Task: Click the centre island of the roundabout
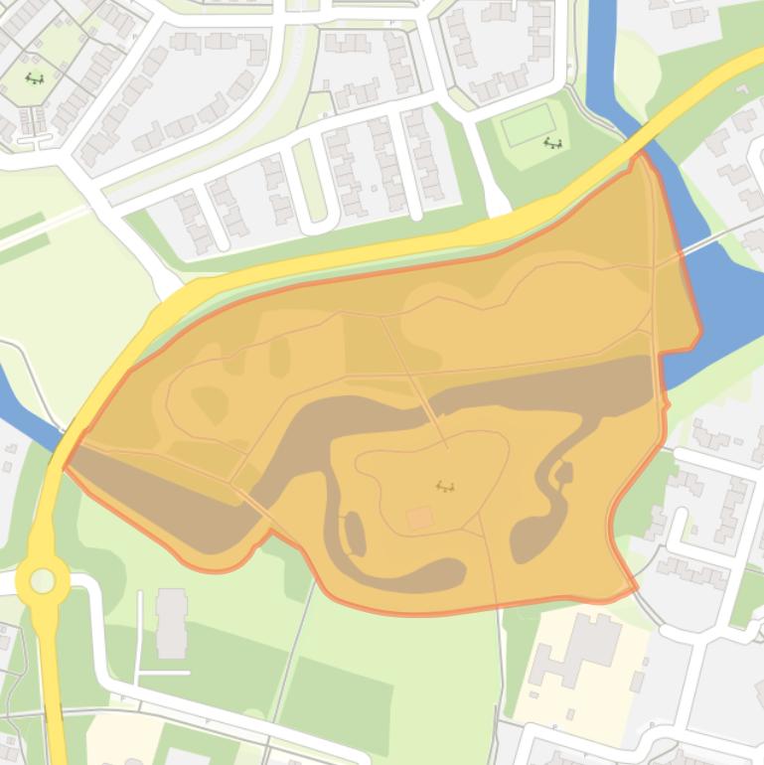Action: [43, 580]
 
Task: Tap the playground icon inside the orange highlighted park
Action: [445, 486]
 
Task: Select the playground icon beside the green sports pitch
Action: [553, 143]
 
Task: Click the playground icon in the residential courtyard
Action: [35, 78]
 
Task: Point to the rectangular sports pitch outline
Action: [528, 126]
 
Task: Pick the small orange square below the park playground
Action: [420, 518]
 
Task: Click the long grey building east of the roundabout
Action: [171, 622]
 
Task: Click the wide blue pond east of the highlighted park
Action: [725, 298]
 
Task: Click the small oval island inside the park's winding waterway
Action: [354, 534]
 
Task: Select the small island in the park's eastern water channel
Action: [564, 473]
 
